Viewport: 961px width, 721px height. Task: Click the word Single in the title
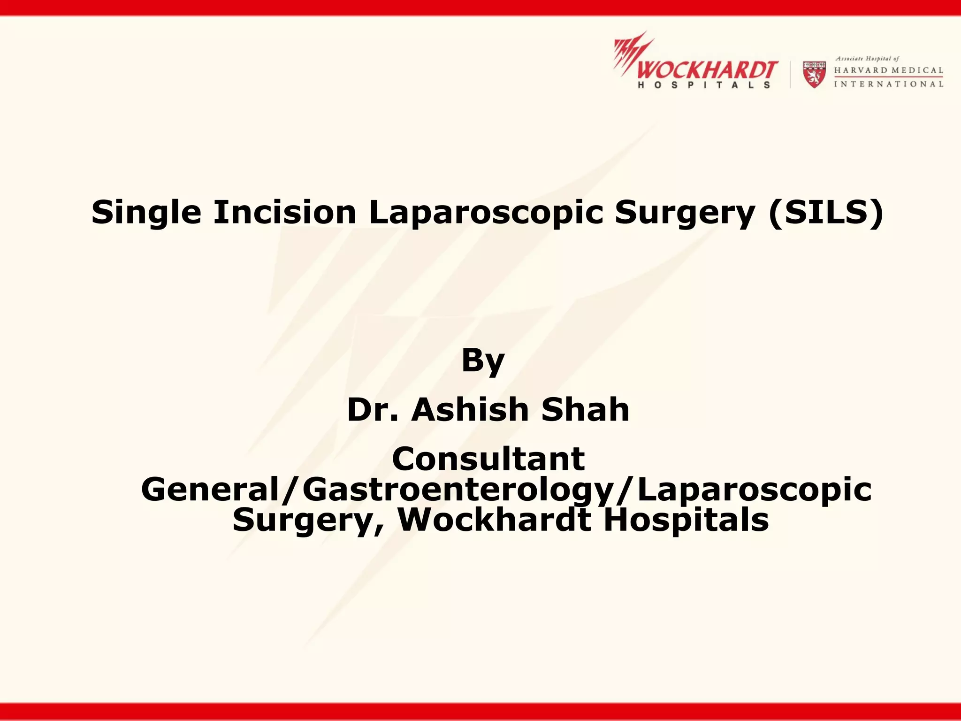coord(146,213)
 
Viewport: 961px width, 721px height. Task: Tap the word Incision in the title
coord(285,213)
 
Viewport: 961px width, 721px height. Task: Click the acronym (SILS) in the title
coord(825,213)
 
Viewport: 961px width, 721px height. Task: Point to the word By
coord(483,361)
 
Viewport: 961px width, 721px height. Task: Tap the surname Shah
coord(585,410)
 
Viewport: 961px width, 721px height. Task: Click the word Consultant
coord(488,459)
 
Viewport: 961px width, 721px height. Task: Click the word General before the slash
coord(210,490)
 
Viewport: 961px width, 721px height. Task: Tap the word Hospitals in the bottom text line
coord(686,520)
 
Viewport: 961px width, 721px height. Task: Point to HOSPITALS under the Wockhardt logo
coord(704,85)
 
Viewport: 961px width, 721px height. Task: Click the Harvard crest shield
coord(814,74)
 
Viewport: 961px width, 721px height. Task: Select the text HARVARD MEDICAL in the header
coord(888,70)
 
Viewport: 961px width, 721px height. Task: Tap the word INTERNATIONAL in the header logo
coord(888,84)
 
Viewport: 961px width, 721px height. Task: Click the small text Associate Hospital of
coord(867,59)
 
